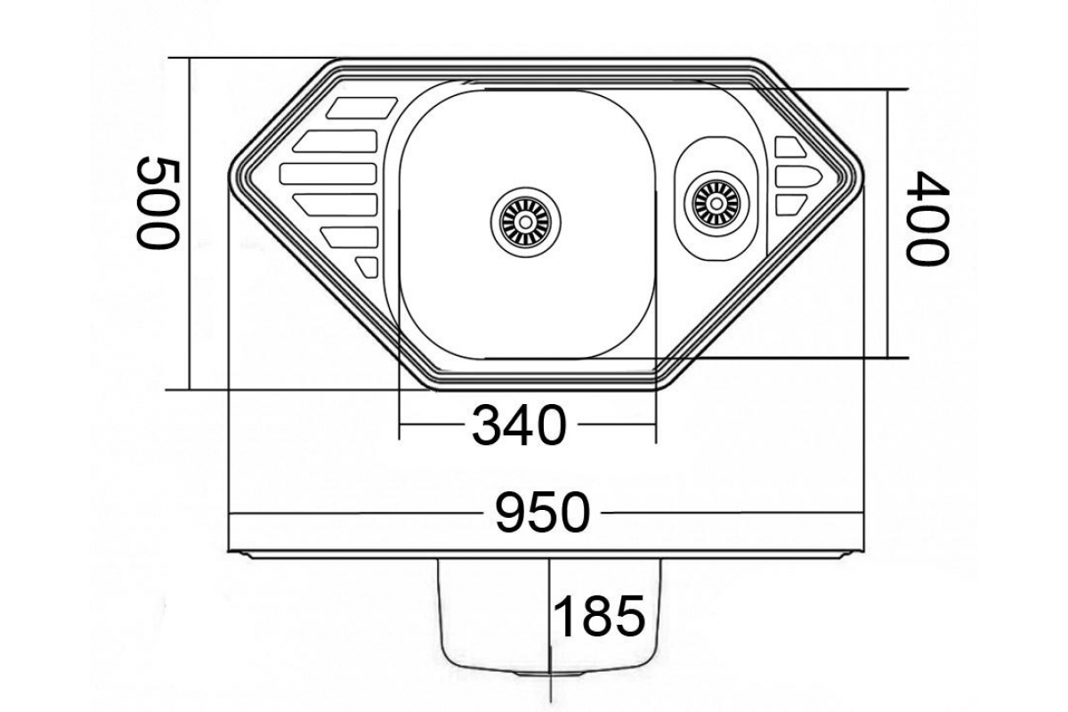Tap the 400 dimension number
click(x=927, y=218)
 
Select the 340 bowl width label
click(x=519, y=425)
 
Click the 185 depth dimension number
click(x=600, y=616)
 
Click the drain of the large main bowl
click(x=525, y=222)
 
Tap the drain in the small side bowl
click(x=716, y=204)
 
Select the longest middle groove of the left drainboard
click(x=328, y=174)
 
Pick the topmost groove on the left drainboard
click(x=361, y=108)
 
